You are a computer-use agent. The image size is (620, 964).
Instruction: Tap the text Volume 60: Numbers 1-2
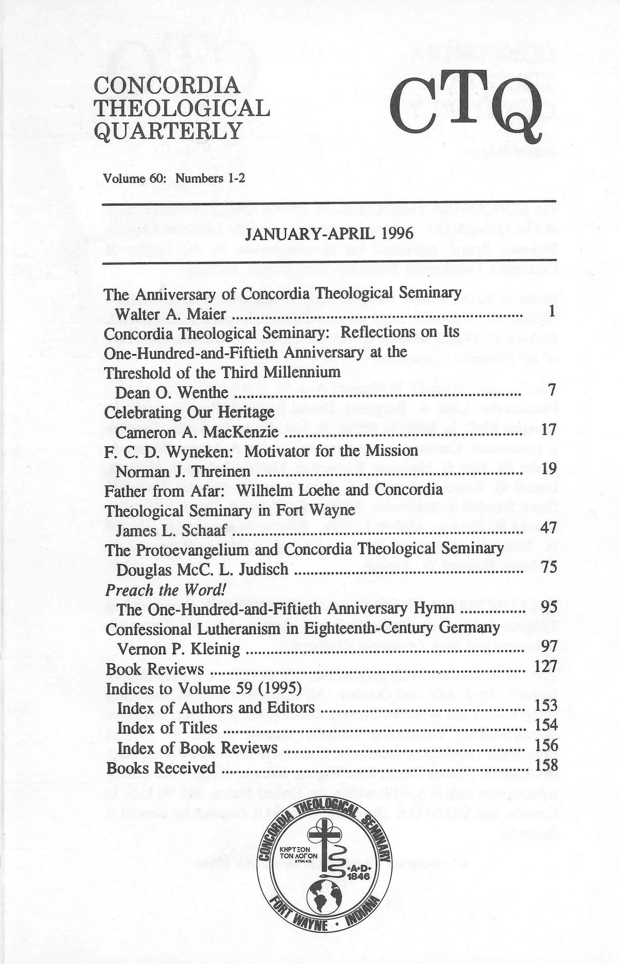tap(174, 178)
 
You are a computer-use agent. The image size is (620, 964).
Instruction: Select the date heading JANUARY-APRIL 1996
tap(329, 233)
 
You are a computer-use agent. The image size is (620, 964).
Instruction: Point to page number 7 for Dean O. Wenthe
tap(552, 390)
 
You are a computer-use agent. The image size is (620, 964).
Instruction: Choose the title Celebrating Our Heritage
tap(189, 412)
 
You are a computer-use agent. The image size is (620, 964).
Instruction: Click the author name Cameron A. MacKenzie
tap(197, 432)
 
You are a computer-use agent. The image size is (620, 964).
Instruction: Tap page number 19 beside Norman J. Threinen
tap(549, 469)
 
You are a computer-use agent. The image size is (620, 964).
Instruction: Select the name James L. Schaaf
tap(171, 531)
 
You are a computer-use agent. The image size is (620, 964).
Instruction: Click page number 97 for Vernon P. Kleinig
tap(549, 646)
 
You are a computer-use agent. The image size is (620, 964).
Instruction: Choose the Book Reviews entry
tap(155, 669)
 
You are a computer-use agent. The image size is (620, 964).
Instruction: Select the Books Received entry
tap(161, 768)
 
